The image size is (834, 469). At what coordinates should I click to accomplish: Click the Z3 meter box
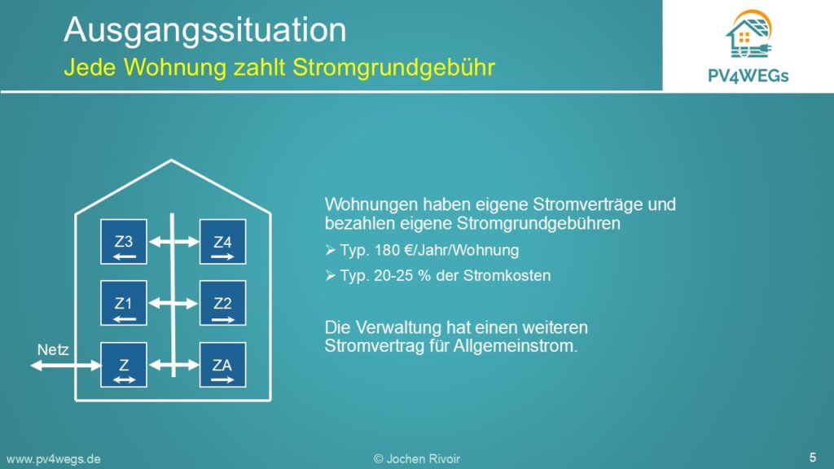point(124,241)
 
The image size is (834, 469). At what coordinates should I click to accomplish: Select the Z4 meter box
point(223,241)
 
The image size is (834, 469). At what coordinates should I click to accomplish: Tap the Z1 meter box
point(124,303)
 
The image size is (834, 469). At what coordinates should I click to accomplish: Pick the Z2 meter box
point(223,303)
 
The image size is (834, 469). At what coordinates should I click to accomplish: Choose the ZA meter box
point(223,365)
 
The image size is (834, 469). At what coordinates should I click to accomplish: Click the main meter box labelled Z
point(124,365)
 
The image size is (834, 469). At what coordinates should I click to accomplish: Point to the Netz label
point(53,350)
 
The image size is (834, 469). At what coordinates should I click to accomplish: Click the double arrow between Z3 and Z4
point(173,242)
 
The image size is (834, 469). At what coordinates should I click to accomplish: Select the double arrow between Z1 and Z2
point(173,304)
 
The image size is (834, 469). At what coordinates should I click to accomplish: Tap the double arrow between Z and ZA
point(173,366)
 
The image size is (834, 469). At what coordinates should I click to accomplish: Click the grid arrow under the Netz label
point(65,366)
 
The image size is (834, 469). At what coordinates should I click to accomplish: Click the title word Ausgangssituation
point(204,30)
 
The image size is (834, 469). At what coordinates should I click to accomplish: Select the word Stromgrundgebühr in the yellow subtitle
point(393,68)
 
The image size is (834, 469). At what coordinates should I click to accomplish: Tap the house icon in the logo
point(748,34)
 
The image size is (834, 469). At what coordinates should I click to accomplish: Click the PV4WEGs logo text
point(748,76)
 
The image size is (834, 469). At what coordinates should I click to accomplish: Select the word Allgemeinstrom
point(515,346)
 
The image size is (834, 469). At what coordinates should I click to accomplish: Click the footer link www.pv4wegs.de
point(53,459)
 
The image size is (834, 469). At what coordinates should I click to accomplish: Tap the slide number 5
point(813,458)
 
